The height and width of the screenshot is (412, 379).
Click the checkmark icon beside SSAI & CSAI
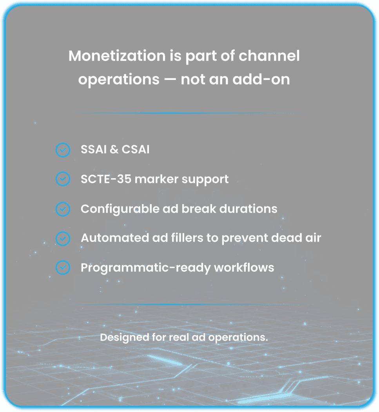tap(63, 150)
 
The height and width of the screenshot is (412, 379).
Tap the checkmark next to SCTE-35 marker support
tap(63, 179)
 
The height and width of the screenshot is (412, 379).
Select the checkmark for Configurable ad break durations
tap(63, 209)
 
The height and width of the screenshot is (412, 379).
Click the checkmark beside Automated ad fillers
tap(63, 238)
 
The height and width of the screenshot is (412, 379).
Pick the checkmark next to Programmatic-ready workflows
tap(63, 268)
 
